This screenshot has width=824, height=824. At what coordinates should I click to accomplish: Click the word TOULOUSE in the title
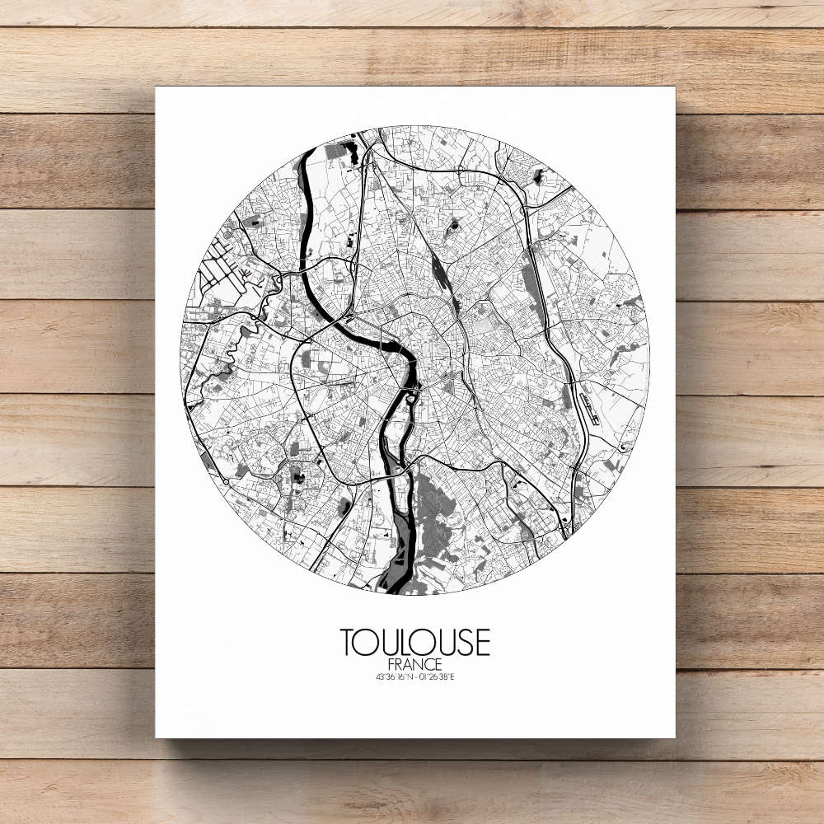414,643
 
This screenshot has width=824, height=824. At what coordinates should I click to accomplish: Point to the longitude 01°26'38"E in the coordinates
436,677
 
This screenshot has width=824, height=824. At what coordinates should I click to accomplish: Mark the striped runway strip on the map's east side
587,403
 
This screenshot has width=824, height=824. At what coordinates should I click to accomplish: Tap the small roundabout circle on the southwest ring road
226,480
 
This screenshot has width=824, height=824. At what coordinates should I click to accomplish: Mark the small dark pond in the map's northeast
539,175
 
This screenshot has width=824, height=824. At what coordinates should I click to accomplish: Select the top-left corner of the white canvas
156,87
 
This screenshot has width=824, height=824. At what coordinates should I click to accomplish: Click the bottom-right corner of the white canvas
675,737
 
